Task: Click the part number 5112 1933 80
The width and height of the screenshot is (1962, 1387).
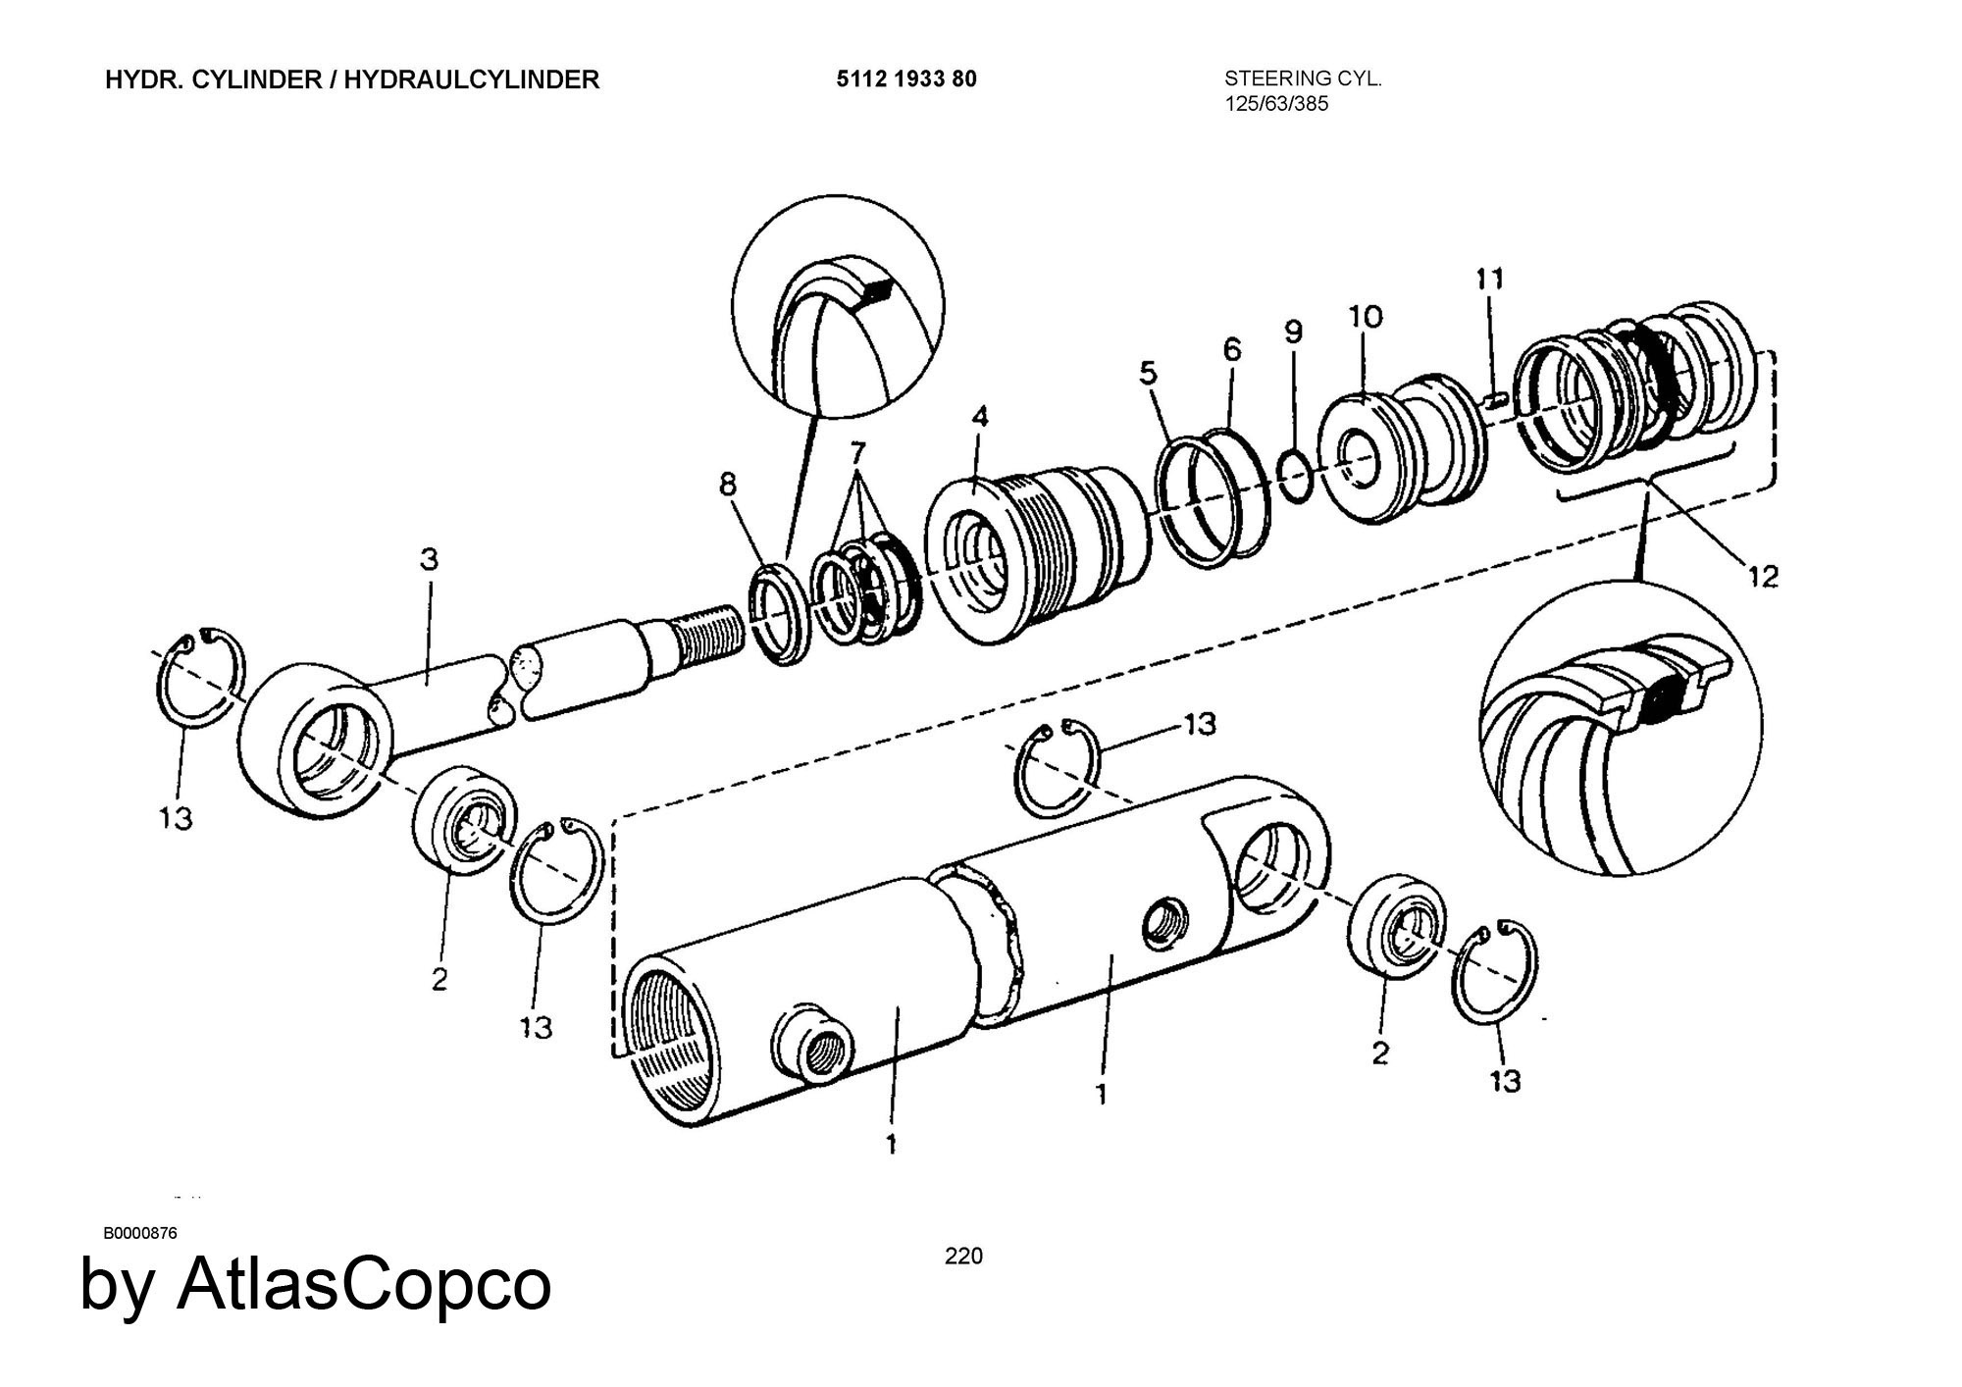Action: [906, 79]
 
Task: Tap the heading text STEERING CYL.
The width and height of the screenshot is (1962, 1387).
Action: [1303, 78]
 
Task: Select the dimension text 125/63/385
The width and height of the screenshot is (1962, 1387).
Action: [1276, 104]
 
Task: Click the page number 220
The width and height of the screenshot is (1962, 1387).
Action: [963, 1256]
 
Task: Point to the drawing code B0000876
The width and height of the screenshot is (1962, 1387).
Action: [140, 1233]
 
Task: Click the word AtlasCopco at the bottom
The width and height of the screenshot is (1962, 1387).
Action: [364, 1285]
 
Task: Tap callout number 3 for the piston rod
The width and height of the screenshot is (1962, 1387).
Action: [429, 560]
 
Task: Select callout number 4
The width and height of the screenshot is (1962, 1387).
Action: [980, 417]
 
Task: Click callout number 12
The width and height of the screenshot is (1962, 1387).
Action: [1762, 577]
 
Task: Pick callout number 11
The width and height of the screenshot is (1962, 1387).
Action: [1489, 280]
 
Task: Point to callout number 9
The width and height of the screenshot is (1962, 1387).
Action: [1294, 332]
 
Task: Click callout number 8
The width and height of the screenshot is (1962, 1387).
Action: [728, 484]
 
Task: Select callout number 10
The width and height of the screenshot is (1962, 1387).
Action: [1366, 316]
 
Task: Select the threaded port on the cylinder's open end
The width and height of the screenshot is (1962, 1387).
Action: [815, 1051]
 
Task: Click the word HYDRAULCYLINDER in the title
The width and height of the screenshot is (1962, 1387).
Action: [472, 79]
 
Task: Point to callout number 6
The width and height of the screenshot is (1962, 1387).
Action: [1232, 349]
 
